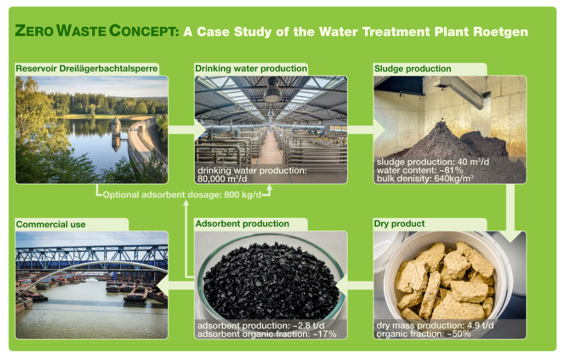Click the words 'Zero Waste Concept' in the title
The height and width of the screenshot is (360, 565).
[97, 31]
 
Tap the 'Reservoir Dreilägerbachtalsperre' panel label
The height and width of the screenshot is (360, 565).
[87, 68]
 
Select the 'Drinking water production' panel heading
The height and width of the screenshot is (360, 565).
[251, 68]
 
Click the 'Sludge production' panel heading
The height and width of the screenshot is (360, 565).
[412, 68]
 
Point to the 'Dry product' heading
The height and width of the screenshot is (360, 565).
[399, 224]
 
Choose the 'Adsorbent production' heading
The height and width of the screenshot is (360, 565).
[242, 224]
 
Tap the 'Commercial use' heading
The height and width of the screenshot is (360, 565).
[51, 224]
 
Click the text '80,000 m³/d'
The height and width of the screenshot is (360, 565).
[222, 179]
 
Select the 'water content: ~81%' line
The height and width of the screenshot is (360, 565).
[420, 170]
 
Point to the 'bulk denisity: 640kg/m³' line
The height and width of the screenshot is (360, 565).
[425, 179]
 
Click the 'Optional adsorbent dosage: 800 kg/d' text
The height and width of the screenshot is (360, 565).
[182, 195]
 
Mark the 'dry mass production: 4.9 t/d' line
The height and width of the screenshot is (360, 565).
[435, 325]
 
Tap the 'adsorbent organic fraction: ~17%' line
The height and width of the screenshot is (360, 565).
[267, 334]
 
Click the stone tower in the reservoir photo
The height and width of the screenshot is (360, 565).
[116, 126]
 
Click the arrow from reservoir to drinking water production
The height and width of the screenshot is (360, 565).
[187, 129]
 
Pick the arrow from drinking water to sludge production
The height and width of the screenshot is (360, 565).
[366, 129]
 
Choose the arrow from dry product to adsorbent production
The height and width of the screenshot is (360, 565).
[354, 285]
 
